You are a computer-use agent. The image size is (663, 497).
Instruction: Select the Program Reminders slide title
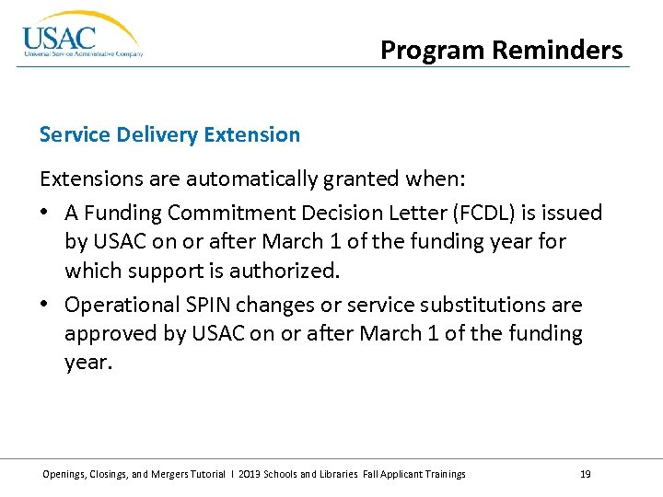pos(502,50)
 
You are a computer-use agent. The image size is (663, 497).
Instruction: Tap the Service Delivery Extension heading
pos(169,134)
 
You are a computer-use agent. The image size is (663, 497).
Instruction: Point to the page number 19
pos(586,474)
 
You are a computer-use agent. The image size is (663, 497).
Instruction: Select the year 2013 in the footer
pos(250,474)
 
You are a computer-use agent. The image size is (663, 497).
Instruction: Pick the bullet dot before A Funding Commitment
pos(45,214)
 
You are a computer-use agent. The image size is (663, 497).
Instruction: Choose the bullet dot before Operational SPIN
pos(45,305)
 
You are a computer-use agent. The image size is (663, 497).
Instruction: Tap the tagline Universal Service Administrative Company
pos(83,54)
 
